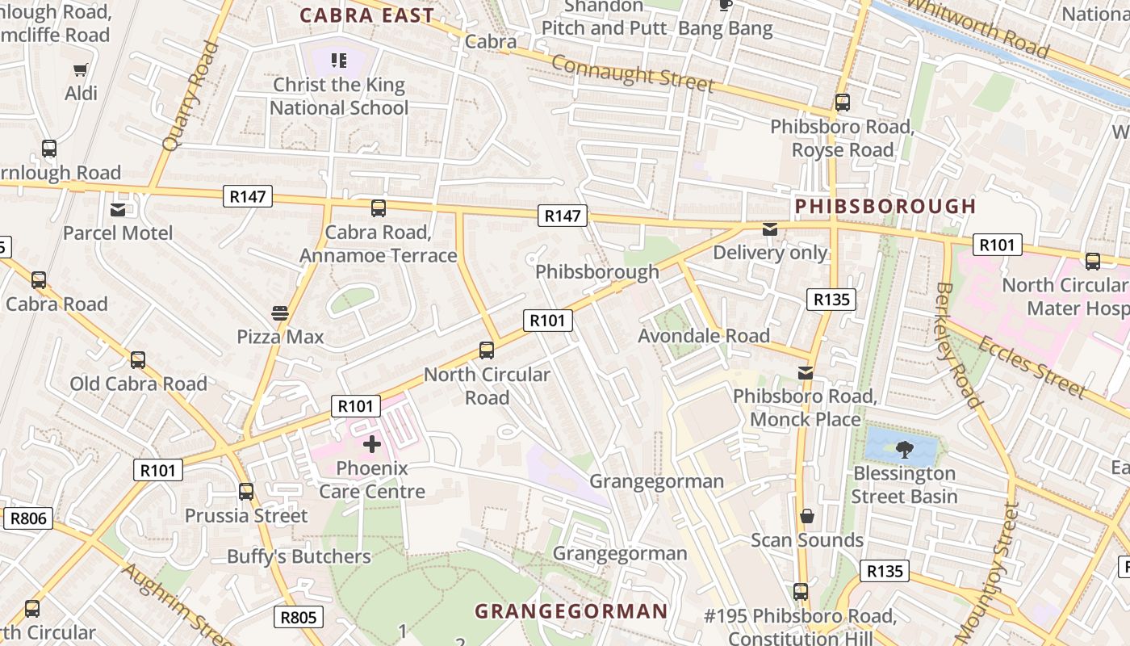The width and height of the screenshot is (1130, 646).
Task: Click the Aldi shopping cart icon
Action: [x=80, y=70]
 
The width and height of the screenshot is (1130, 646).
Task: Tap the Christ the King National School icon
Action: [x=339, y=60]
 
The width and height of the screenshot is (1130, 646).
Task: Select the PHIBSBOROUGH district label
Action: [x=885, y=207]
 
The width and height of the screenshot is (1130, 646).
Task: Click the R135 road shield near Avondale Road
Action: [x=831, y=300]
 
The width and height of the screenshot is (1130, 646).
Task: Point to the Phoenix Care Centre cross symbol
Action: [x=372, y=443]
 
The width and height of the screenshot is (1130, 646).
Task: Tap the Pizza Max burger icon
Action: [x=280, y=313]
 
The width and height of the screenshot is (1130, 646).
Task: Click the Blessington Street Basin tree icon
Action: [x=904, y=449]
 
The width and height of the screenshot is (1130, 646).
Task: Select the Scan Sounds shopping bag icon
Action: [x=806, y=516]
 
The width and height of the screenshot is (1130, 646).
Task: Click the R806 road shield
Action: [x=28, y=518]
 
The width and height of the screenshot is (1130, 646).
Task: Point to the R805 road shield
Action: [x=299, y=618]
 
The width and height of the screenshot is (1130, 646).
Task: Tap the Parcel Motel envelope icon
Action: [x=118, y=210]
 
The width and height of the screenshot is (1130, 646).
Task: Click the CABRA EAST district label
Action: [x=367, y=15]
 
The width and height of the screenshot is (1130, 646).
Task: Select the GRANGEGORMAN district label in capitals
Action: [x=571, y=611]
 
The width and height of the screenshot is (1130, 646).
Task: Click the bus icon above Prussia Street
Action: [x=246, y=491]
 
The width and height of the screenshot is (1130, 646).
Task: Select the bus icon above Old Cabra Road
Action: [x=138, y=359]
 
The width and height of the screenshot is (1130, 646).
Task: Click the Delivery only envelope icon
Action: [x=770, y=229]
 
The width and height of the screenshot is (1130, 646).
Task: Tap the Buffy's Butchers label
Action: [x=299, y=556]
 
